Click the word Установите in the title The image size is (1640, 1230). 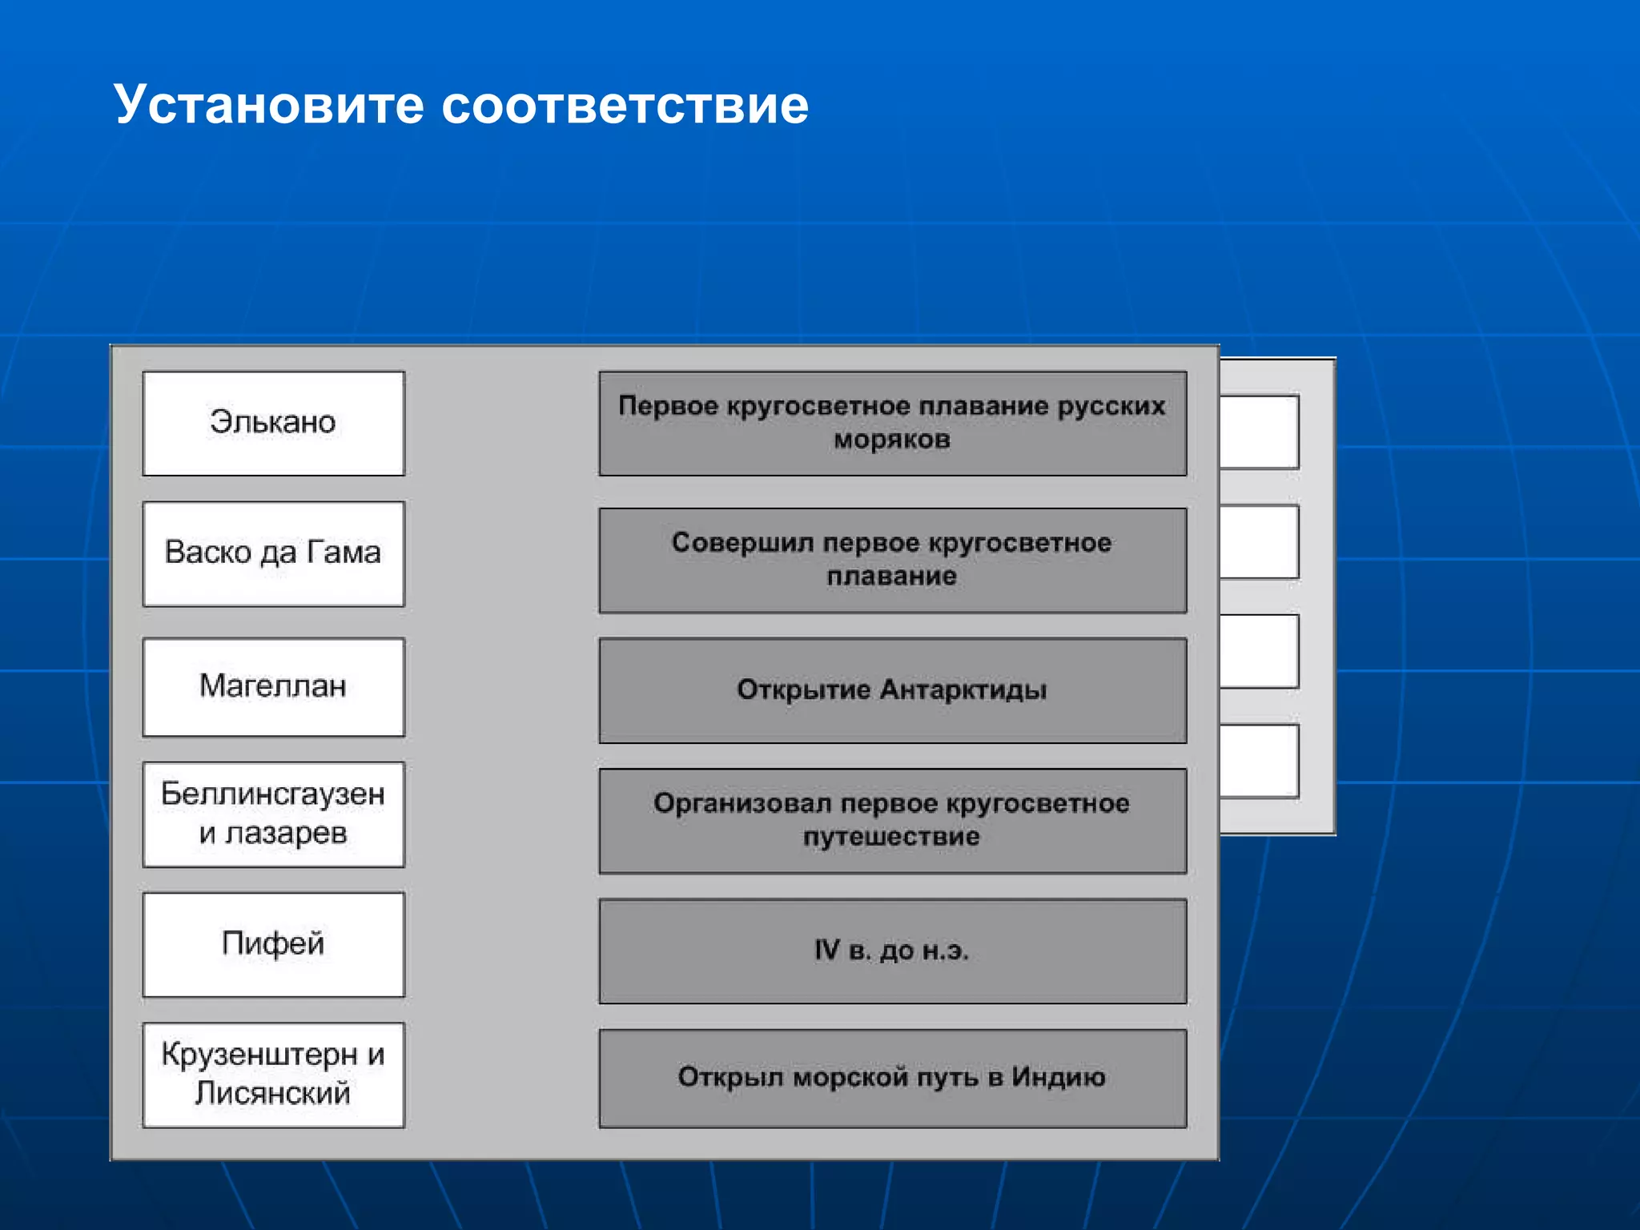click(268, 105)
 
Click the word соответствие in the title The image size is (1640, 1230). click(625, 105)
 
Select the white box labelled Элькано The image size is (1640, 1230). click(273, 423)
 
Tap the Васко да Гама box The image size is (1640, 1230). click(273, 553)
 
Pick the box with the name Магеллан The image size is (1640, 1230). click(273, 686)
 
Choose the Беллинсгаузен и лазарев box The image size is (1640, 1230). click(273, 814)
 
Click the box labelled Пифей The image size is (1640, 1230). click(273, 944)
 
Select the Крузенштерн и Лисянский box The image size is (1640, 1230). click(273, 1074)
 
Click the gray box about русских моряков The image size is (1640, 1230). click(892, 423)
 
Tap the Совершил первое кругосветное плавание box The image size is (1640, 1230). click(892, 560)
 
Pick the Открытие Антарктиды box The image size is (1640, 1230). click(892, 689)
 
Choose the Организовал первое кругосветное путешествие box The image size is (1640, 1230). click(892, 820)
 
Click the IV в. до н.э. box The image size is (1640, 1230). click(892, 951)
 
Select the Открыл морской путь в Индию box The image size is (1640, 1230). click(892, 1078)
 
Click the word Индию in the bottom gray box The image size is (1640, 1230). click(1058, 1077)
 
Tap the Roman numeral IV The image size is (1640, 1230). click(827, 950)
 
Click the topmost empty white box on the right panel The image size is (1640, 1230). click(1259, 432)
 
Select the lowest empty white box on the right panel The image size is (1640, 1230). click(1259, 761)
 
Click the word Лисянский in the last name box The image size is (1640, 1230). click(272, 1093)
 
